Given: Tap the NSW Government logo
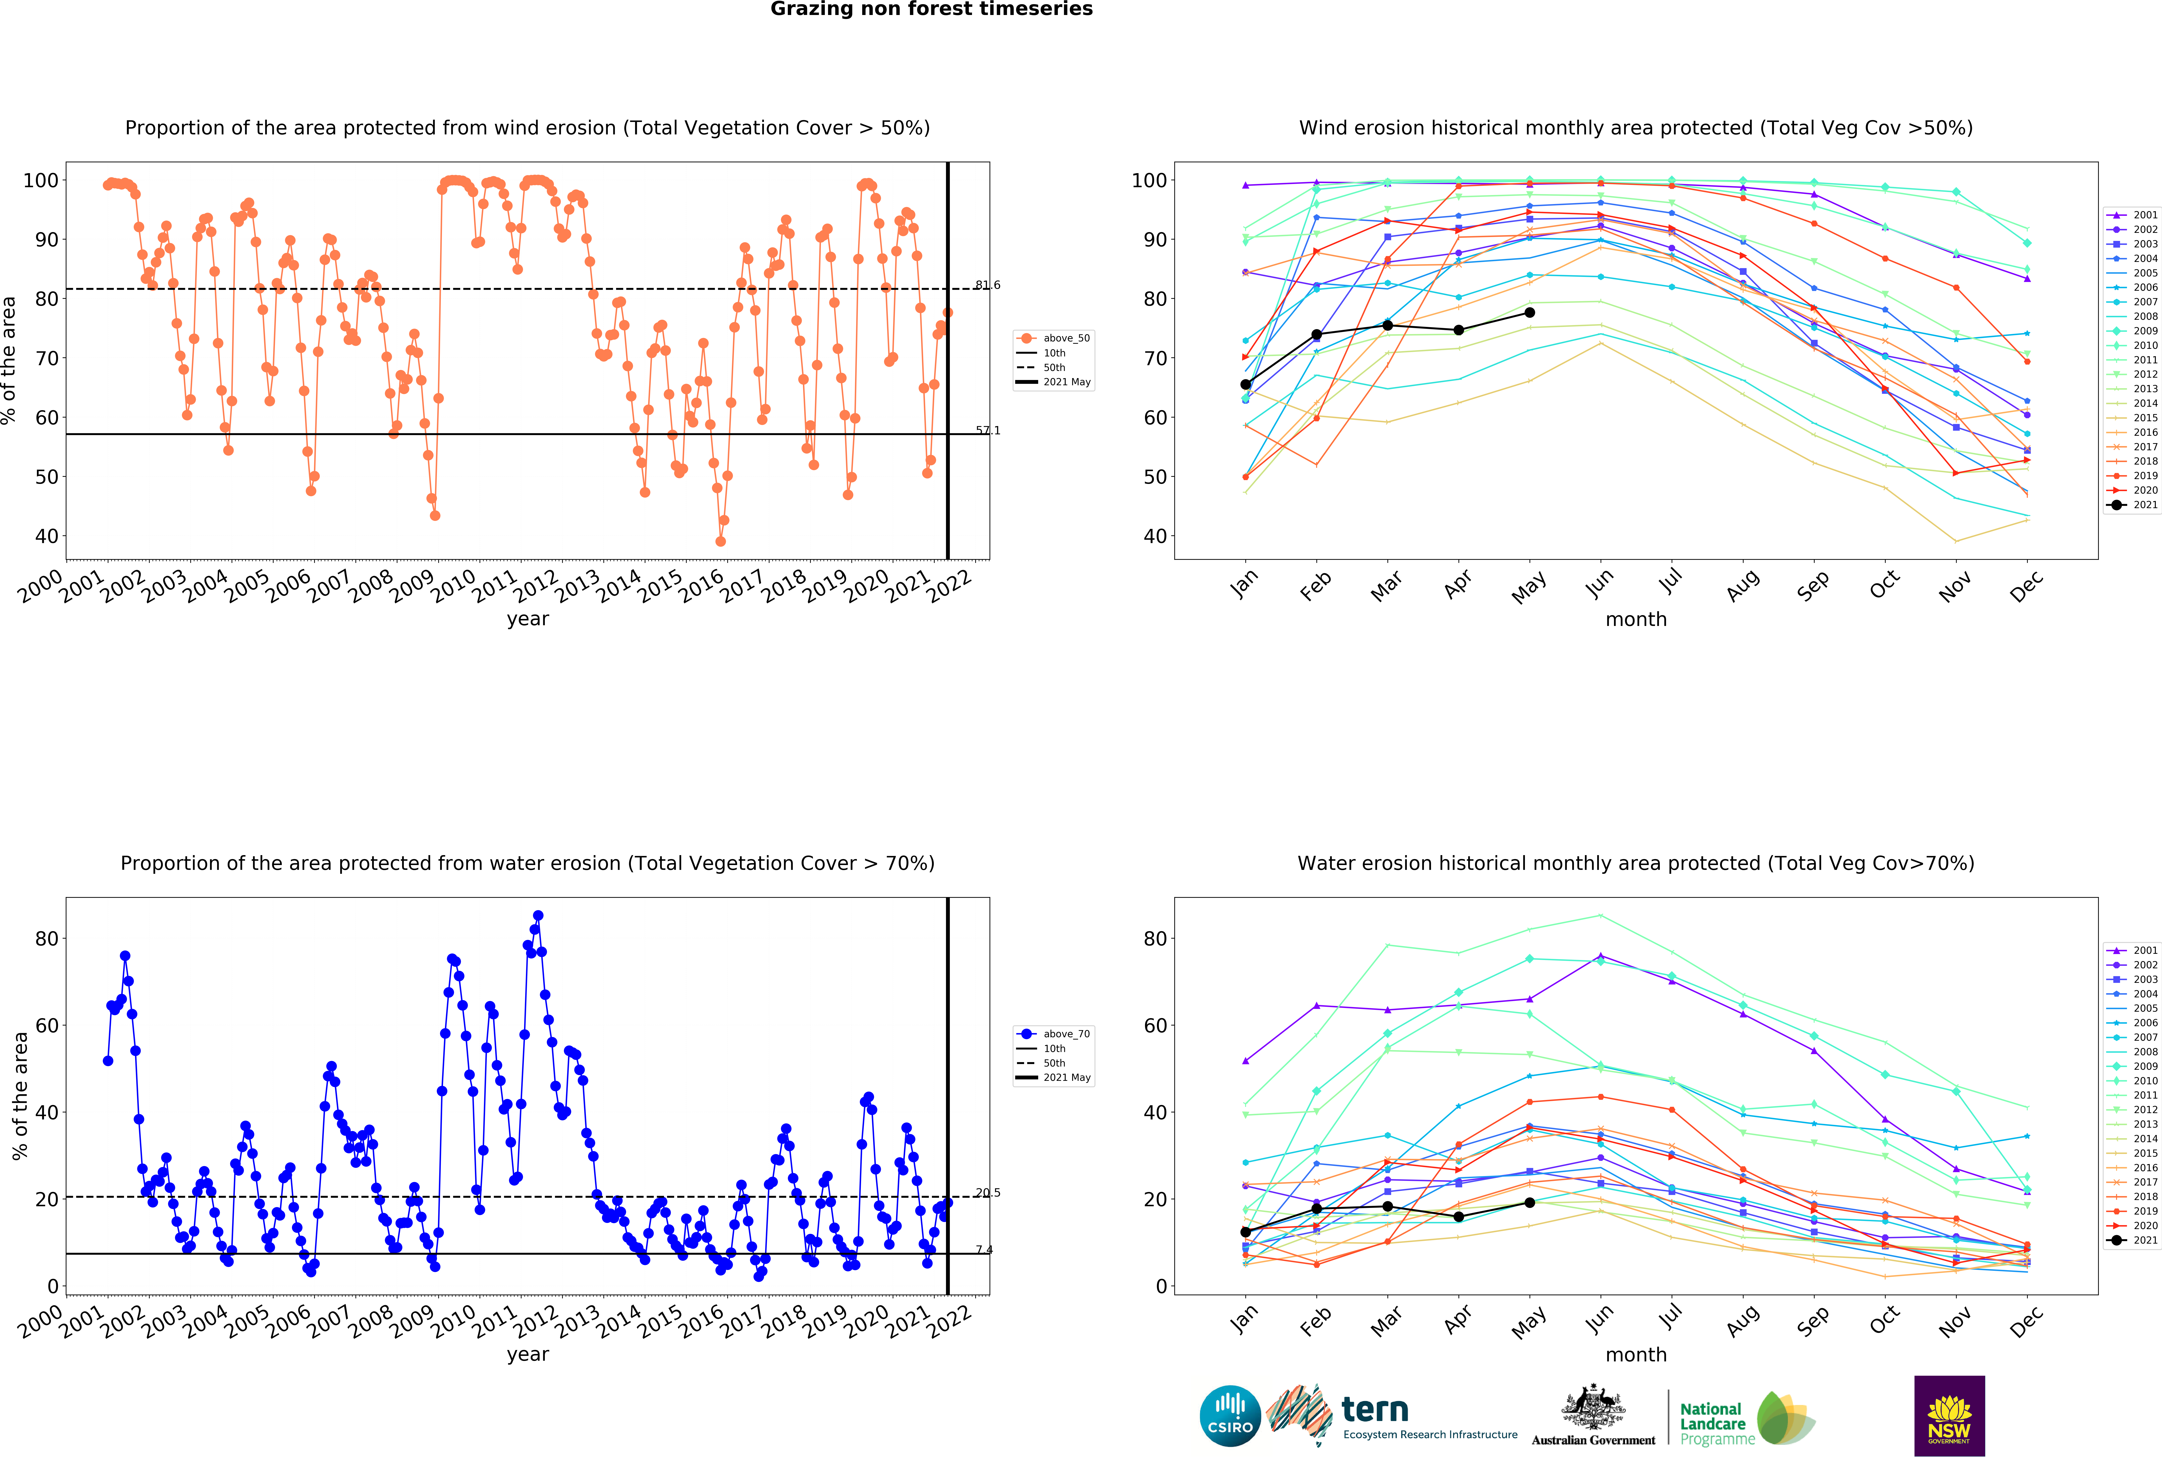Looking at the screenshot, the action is (x=1949, y=1415).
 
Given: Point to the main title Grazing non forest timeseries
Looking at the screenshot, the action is (x=931, y=9).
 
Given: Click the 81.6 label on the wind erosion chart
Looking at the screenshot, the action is (x=988, y=285).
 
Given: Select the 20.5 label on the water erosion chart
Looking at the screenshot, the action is (x=988, y=1192).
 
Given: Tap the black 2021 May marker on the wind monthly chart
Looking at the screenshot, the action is (x=1529, y=312).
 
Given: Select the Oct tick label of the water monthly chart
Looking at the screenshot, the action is (x=1884, y=1319).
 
